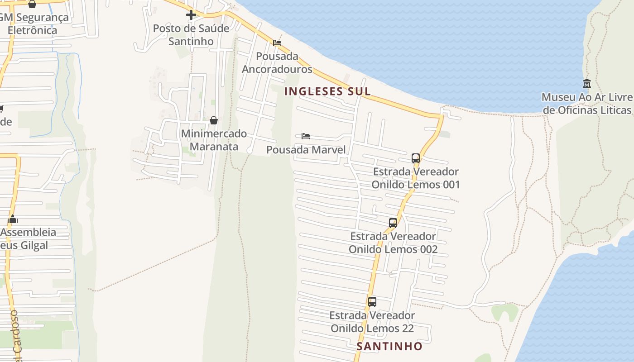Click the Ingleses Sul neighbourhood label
click(x=327, y=91)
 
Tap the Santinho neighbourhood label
click(x=389, y=346)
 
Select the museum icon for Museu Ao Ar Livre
click(x=587, y=83)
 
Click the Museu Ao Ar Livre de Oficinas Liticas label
click(x=587, y=104)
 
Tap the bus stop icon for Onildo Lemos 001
click(x=416, y=158)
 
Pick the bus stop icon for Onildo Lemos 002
click(x=393, y=223)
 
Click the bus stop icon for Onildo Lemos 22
click(x=372, y=301)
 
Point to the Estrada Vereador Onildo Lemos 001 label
click(x=416, y=178)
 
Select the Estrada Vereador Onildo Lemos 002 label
click(x=393, y=243)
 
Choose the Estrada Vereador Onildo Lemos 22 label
click(x=372, y=321)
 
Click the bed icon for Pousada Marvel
click(x=306, y=136)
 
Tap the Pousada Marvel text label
click(x=306, y=149)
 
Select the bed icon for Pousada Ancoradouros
click(x=277, y=43)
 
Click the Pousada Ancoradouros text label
click(x=277, y=62)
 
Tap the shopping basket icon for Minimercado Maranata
click(x=214, y=120)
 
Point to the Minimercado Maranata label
click(x=214, y=140)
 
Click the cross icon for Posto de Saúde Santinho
click(x=191, y=15)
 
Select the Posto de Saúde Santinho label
click(x=191, y=34)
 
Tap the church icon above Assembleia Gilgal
click(x=13, y=220)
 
